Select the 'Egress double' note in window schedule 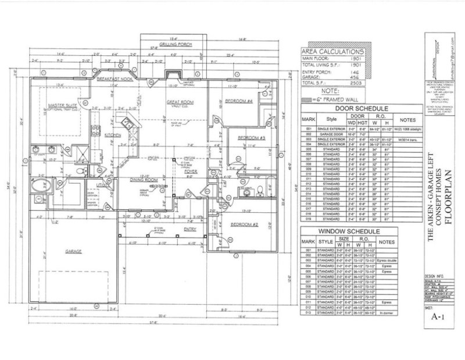tap(385, 262)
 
